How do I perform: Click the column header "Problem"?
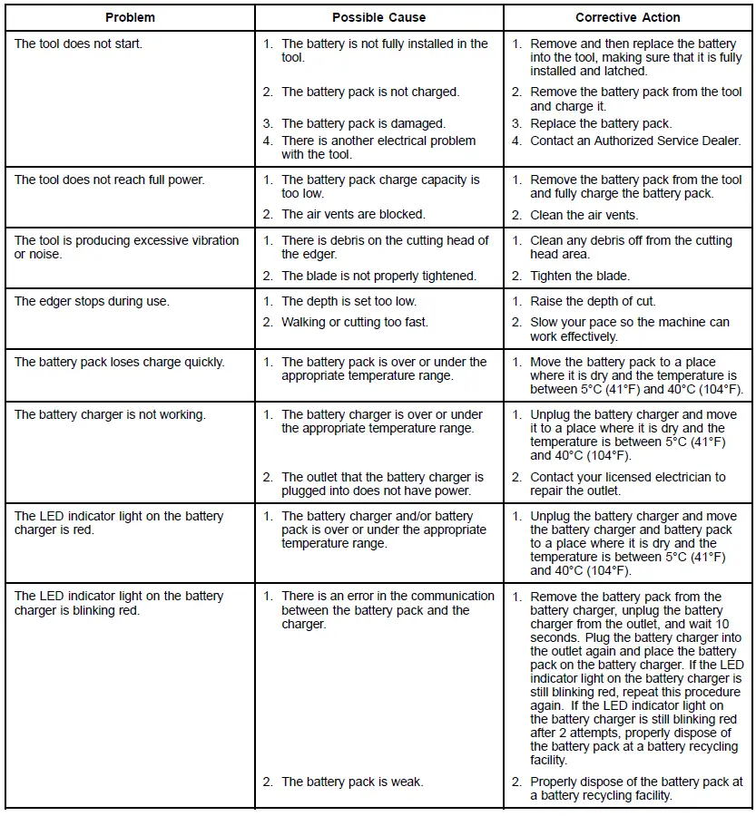tap(130, 17)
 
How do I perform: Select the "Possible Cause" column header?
tap(378, 17)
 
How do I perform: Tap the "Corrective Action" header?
tap(627, 17)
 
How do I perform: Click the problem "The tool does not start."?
tap(78, 44)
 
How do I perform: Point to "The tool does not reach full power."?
tap(109, 180)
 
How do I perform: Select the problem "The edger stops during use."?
tap(92, 301)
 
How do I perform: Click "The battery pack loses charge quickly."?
tap(119, 362)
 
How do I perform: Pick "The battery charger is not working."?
tap(110, 414)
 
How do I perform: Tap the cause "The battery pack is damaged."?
tap(363, 123)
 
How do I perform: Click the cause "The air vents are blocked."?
tap(353, 215)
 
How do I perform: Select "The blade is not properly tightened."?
tap(378, 276)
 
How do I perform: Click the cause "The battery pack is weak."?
tap(352, 782)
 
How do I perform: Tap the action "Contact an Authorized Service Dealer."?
tap(635, 141)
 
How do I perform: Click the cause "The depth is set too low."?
tap(349, 301)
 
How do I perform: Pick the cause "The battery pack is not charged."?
tap(370, 92)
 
